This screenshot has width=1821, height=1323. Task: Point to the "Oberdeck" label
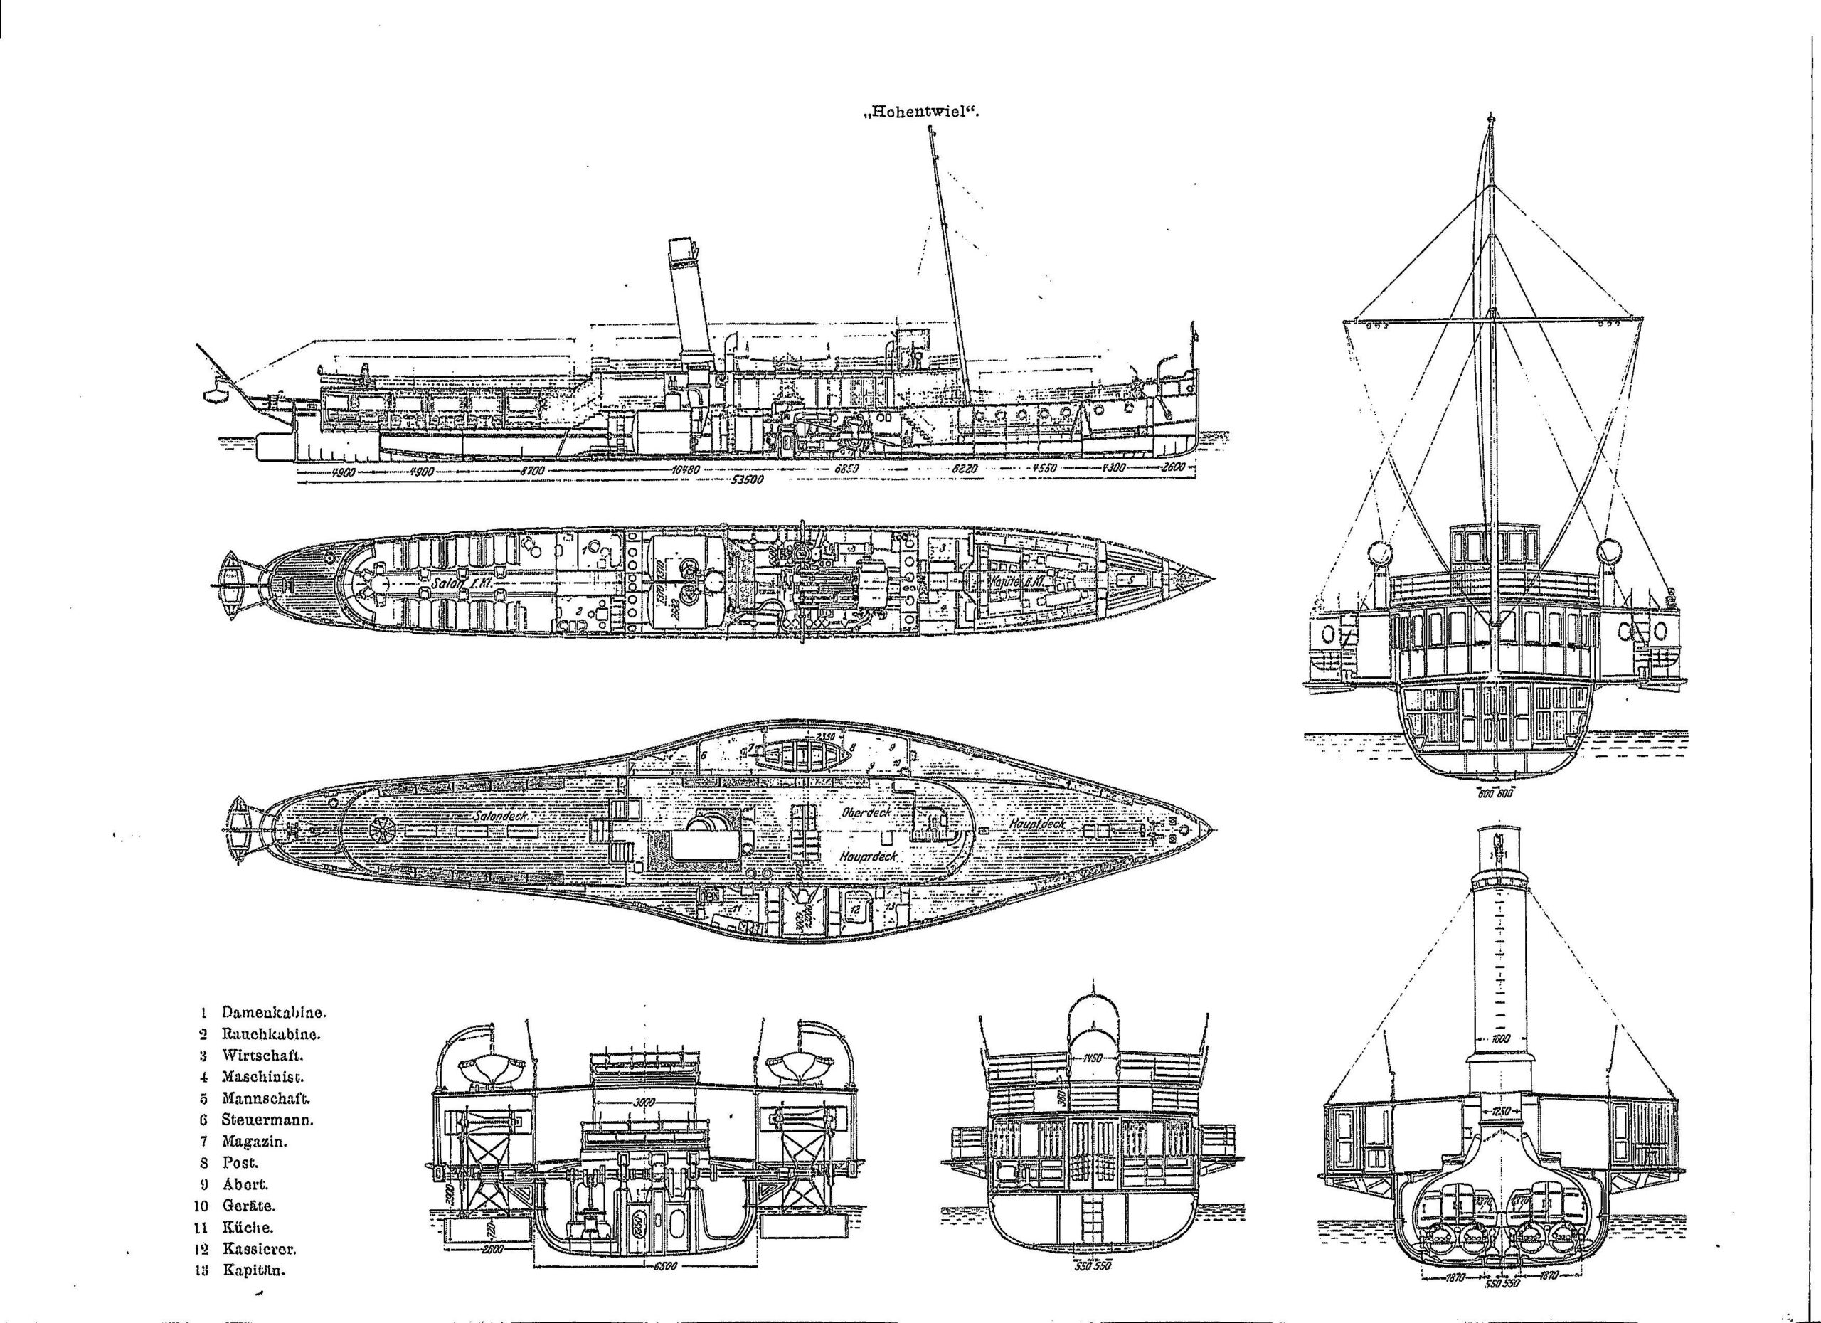pyautogui.click(x=867, y=812)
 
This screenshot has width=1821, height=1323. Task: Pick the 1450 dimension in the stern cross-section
pyautogui.click(x=1093, y=1056)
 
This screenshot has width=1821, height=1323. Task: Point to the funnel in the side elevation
pyautogui.click(x=689, y=305)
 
